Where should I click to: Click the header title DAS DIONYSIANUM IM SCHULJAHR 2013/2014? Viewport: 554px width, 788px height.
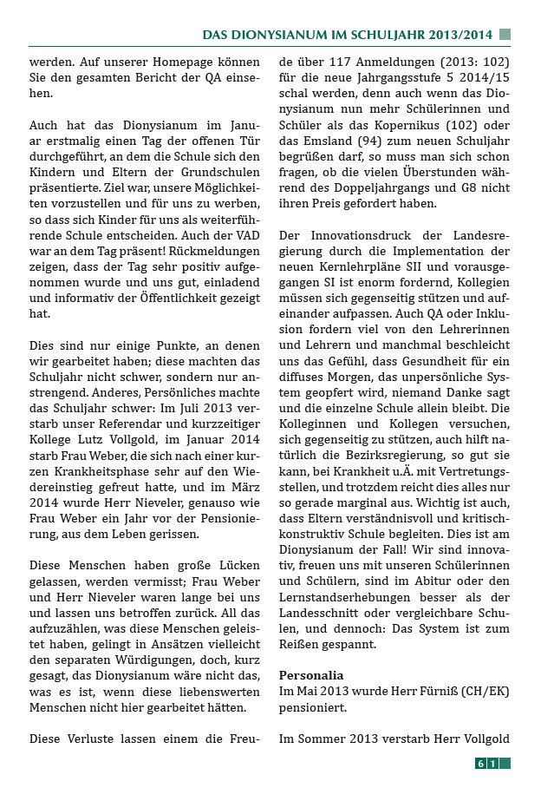pos(347,35)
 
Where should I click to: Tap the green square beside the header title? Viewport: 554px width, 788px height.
pos(505,35)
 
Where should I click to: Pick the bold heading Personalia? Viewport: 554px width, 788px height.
pos(311,675)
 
